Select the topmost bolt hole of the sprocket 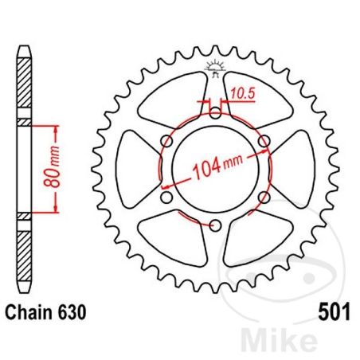pos(215,112)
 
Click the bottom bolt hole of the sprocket pos(215,225)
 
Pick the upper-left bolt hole pos(166,141)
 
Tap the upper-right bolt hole pos(264,141)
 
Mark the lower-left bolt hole pos(166,198)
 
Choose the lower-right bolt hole pos(264,198)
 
